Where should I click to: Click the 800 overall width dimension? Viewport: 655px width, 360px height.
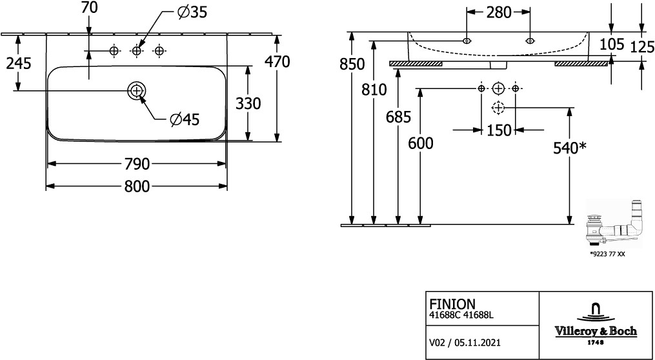137,186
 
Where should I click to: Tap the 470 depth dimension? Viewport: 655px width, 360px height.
277,61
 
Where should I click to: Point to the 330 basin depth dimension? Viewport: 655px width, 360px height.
248,103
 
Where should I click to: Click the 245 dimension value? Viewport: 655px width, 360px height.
18,63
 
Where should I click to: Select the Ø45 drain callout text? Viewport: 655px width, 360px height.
185,119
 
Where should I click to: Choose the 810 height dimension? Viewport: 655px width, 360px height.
374,89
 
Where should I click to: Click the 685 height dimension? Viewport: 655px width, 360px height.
398,118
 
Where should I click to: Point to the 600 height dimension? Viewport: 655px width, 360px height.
421,143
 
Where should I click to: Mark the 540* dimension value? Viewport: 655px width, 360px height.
569,148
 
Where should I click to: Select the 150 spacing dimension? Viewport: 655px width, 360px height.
499,130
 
